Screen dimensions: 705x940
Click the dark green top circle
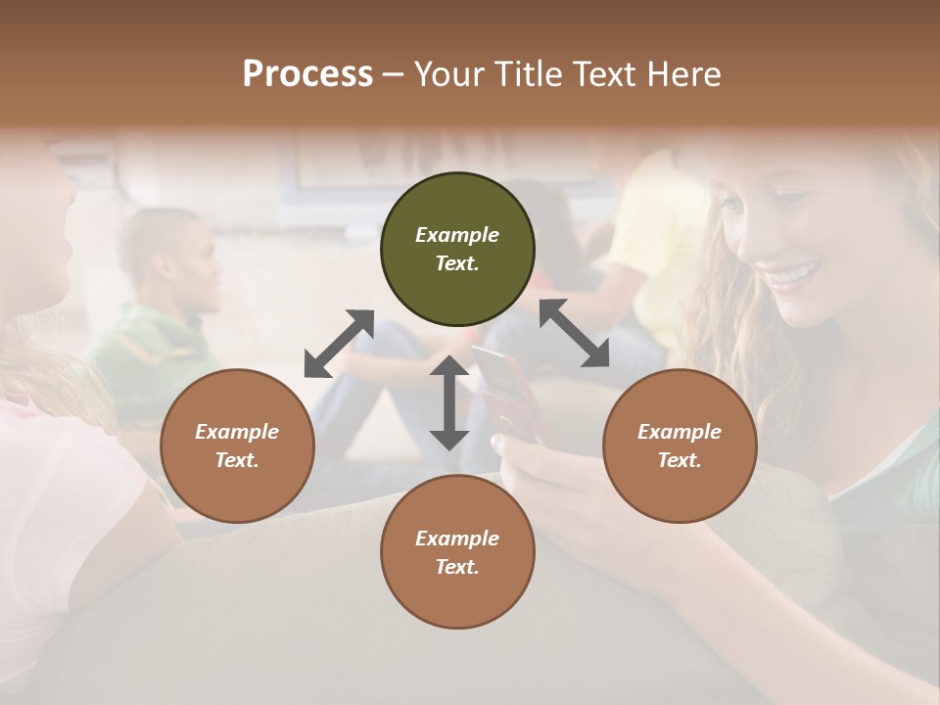pos(457,250)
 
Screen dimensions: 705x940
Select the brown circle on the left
pos(237,446)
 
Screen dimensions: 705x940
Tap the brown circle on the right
pos(680,446)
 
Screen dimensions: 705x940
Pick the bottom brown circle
pos(457,552)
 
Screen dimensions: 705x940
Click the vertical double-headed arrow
pos(449,402)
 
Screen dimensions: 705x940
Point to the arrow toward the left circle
pos(339,344)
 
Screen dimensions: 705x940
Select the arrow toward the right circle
pos(574,333)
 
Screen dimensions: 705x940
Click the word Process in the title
pos(307,74)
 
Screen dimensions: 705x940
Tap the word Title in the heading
pos(527,74)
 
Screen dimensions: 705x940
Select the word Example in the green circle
pos(457,235)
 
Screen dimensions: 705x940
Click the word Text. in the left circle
pos(237,460)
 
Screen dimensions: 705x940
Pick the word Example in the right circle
pos(680,432)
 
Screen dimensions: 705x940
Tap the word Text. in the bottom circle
pos(457,567)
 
